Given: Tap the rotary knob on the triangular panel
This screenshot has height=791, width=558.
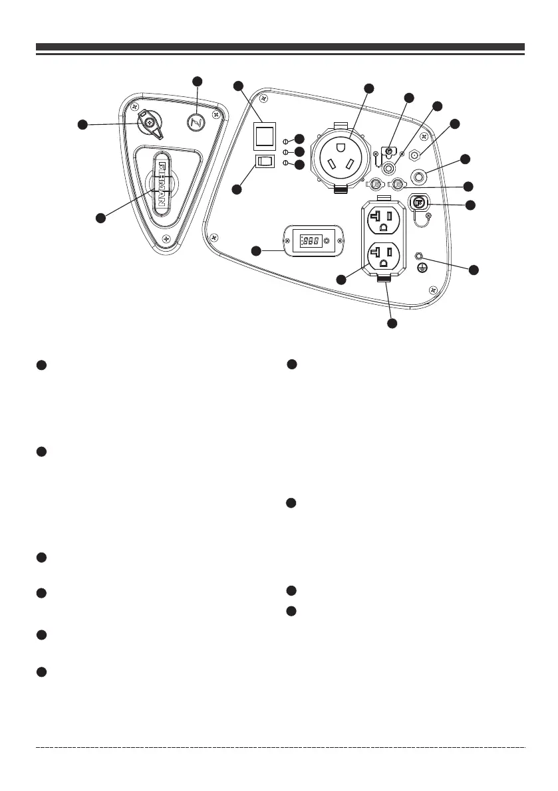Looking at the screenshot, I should click(x=150, y=122).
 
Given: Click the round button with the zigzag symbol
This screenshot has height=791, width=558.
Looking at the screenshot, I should click(x=196, y=122).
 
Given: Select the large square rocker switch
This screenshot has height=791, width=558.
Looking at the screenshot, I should click(x=264, y=137).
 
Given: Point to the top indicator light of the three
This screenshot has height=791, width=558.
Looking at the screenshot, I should click(x=286, y=141).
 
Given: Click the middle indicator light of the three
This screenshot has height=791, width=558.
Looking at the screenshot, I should click(x=286, y=152).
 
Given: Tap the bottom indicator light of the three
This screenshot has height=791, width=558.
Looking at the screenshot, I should click(x=286, y=163).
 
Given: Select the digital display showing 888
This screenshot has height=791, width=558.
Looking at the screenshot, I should click(x=311, y=240).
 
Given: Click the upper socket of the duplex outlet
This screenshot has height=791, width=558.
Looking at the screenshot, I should click(x=382, y=218).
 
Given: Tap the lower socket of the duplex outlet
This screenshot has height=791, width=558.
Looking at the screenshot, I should click(x=382, y=256).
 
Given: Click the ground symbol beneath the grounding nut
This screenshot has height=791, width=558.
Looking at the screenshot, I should click(x=420, y=268).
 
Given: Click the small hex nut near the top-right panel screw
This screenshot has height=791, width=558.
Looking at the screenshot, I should click(x=414, y=155).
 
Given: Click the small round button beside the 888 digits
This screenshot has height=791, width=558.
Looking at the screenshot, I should click(x=326, y=240).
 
